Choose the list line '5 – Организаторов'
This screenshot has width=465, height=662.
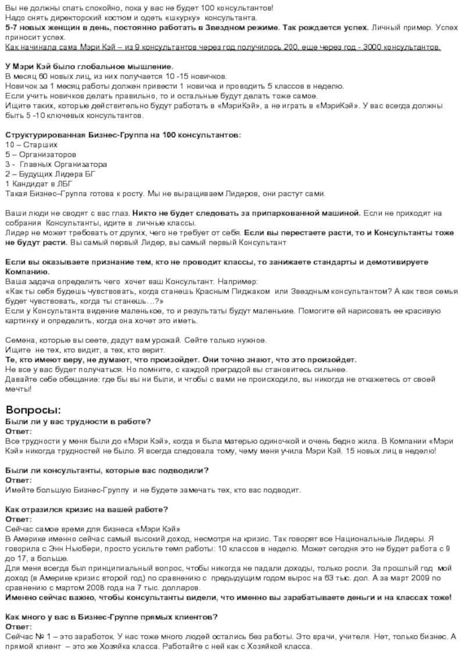(40, 155)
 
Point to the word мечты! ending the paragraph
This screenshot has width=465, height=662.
(19, 388)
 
